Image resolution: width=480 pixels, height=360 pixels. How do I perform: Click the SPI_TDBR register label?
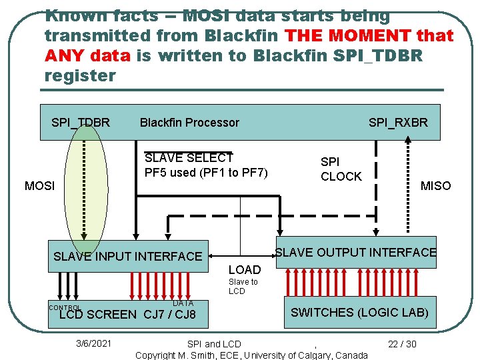[x=81, y=122]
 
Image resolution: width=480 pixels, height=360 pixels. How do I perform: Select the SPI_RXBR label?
[x=398, y=122]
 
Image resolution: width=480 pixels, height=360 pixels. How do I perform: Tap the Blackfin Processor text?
[x=189, y=122]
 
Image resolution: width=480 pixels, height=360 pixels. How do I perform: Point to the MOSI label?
[x=39, y=186]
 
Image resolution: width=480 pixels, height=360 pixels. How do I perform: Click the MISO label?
[x=435, y=186]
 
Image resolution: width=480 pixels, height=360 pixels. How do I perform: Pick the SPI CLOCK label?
[x=341, y=169]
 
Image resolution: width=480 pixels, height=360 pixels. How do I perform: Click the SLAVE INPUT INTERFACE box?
[x=127, y=256]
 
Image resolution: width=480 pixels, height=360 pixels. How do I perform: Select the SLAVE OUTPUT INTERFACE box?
[x=356, y=252]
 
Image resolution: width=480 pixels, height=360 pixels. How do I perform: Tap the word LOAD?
[x=245, y=269]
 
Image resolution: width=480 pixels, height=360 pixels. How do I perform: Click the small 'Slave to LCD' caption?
[x=243, y=287]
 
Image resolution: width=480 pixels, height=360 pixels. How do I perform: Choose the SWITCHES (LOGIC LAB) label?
[x=359, y=312]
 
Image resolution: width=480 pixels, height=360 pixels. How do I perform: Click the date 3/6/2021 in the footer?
[x=94, y=344]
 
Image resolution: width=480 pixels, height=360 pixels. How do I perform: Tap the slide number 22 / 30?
[x=402, y=344]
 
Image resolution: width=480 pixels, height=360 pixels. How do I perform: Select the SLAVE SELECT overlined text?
[x=189, y=158]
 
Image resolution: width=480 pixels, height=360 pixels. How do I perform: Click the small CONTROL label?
[x=64, y=308]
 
